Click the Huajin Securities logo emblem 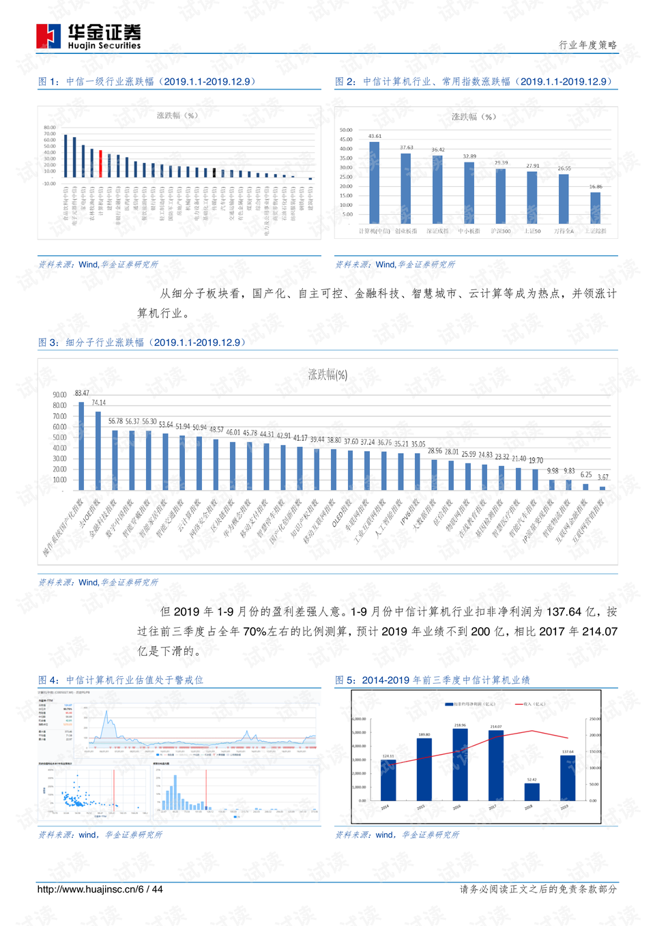click(48, 36)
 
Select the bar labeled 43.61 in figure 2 click(374, 182)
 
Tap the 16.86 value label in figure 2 click(596, 186)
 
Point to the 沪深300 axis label click(501, 231)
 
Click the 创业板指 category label click(406, 231)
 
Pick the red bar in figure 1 click(100, 164)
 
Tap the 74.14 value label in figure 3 click(98, 403)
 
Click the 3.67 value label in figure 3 click(603, 477)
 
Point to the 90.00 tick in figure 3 click(59, 394)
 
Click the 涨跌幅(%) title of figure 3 click(327, 375)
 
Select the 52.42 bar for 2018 click(532, 792)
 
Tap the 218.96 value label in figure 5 click(460, 725)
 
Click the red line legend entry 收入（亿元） click(530, 704)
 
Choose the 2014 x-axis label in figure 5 click(385, 807)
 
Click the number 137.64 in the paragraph click(564, 611)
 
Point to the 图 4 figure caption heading click(121, 680)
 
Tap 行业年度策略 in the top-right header click(587, 45)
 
